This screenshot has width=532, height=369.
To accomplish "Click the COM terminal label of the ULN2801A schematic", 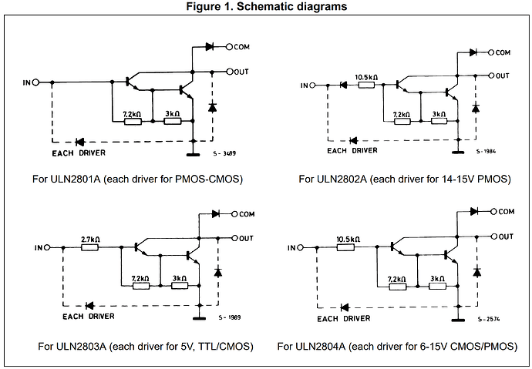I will tap(244, 47).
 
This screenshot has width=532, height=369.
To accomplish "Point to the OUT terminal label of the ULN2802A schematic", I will tap(503, 75).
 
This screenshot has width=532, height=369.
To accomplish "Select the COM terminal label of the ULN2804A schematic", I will tap(506, 210).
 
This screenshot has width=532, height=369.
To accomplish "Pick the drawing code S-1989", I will tap(228, 317).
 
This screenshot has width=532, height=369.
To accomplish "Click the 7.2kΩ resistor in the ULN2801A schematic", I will tap(133, 120).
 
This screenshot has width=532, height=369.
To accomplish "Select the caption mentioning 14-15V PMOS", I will tap(405, 179).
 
